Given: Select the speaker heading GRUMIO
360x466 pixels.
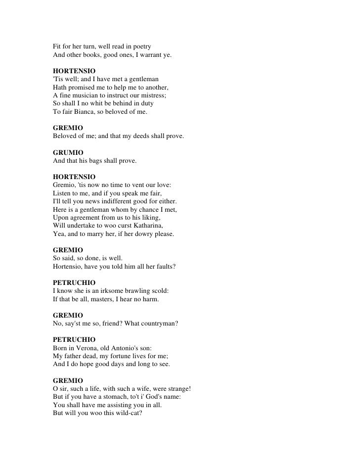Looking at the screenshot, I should click(x=68, y=152).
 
